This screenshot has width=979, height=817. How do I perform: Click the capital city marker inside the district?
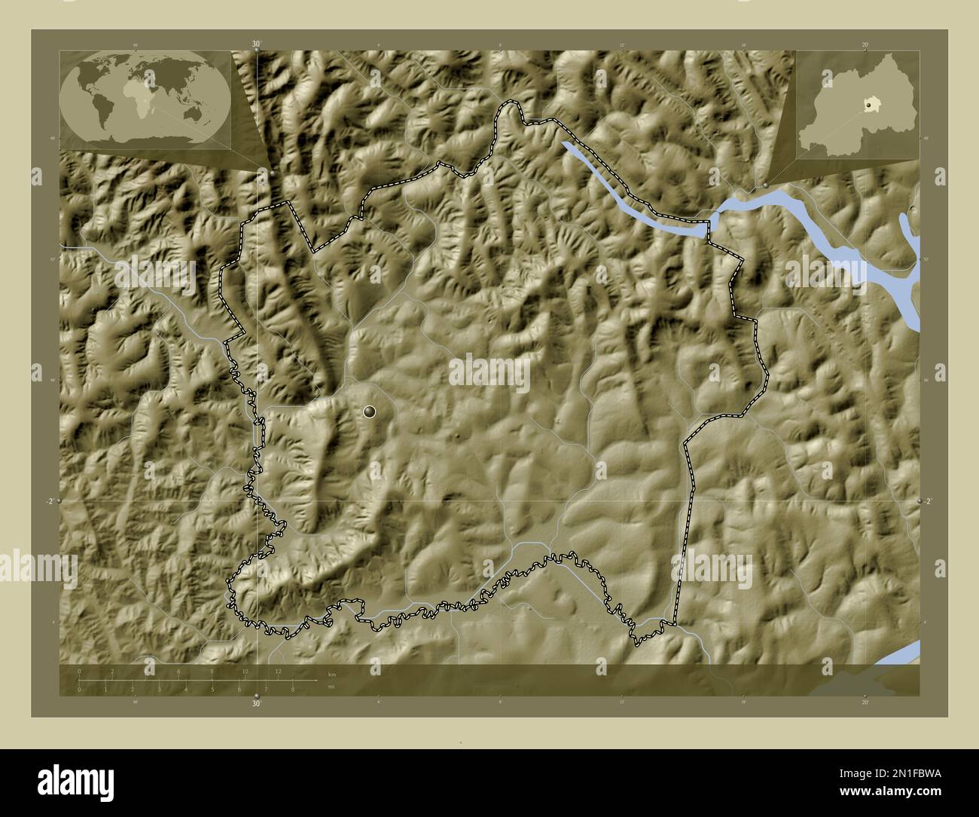(369, 411)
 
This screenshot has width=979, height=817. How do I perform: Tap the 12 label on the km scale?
(278, 671)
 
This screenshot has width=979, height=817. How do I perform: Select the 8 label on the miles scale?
(292, 690)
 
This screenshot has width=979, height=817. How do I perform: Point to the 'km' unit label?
(332, 673)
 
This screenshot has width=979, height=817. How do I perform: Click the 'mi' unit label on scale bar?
(331, 687)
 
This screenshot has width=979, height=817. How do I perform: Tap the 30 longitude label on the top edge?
(256, 44)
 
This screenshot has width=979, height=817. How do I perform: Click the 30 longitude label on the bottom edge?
(256, 704)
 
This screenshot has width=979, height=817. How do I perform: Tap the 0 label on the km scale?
(79, 671)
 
